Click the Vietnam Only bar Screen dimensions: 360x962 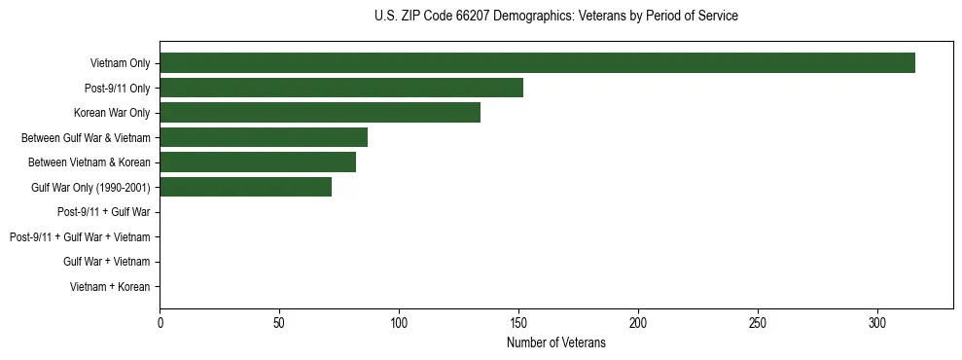537,63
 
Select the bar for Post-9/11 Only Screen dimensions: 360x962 341,88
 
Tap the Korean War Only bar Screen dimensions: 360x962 320,113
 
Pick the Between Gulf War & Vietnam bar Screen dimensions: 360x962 264,137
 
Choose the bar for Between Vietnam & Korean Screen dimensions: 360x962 258,162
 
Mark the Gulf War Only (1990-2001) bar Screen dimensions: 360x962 245,187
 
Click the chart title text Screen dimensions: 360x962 555,17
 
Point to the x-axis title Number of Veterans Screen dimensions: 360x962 555,343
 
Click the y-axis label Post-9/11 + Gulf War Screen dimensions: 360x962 103,212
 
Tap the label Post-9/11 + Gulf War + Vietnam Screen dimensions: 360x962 80,236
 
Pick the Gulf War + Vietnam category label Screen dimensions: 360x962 106,262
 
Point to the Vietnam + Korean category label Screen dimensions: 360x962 110,286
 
